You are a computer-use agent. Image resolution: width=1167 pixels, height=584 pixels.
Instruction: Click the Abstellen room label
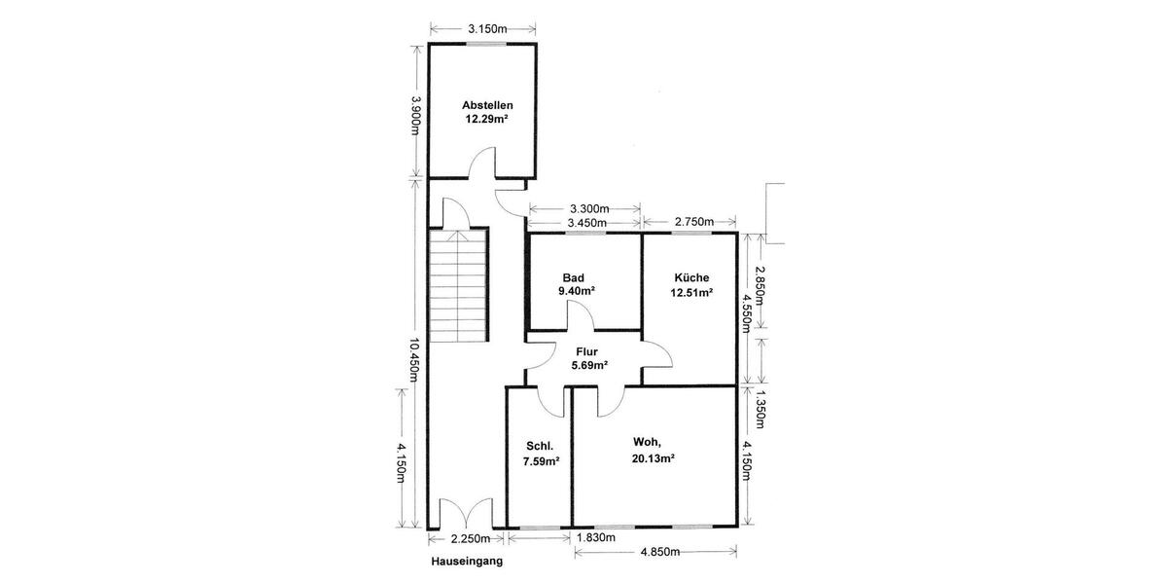click(x=487, y=104)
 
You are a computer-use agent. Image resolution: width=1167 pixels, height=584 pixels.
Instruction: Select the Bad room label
click(x=573, y=276)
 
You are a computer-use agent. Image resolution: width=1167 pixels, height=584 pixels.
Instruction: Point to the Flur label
click(x=586, y=351)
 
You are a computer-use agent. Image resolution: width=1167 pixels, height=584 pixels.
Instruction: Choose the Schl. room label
click(x=540, y=447)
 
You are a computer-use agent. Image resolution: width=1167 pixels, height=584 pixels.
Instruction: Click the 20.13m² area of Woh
click(x=654, y=458)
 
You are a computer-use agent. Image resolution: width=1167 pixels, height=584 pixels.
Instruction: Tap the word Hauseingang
click(x=469, y=562)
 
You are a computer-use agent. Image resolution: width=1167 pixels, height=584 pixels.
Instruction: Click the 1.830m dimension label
click(x=594, y=538)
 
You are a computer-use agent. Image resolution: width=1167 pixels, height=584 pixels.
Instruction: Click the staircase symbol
click(x=457, y=285)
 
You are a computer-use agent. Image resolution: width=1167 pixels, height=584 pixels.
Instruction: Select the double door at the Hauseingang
click(x=464, y=515)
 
